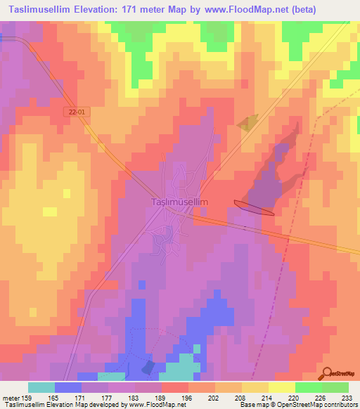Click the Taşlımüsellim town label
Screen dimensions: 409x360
pos(180,202)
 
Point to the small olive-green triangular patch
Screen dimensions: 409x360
pos(248,124)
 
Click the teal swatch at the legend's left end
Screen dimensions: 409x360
pos(41,387)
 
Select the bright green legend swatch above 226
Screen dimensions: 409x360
pos(308,387)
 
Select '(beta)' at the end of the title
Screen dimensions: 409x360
pos(296,10)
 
